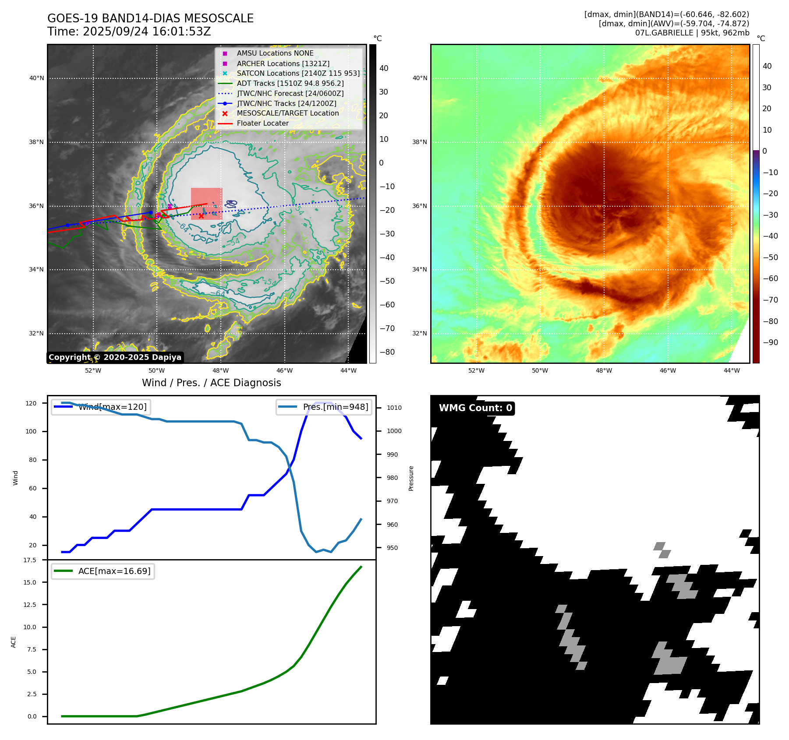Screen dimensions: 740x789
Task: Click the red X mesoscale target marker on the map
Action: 201,216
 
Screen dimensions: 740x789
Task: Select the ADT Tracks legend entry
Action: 290,83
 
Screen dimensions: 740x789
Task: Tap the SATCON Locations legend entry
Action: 298,73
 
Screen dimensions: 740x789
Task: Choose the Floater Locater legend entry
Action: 262,123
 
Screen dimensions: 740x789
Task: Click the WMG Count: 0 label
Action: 475,408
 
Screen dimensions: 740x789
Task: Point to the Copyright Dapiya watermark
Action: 115,357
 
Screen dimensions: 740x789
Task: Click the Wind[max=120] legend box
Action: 100,407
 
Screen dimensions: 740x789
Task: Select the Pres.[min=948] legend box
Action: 324,407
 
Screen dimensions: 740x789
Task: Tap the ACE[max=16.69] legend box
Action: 103,571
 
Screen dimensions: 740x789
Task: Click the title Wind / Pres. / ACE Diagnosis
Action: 211,383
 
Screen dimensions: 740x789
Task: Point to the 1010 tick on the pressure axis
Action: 394,408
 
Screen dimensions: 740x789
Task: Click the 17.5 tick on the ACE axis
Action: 30,560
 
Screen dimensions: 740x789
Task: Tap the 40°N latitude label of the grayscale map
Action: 36,78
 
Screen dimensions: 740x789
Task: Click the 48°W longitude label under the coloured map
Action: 604,370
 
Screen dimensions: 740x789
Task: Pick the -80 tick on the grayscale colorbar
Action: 387,352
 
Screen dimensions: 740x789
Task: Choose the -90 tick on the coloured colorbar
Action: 770,342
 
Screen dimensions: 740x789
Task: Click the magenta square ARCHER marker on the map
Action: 170,206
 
